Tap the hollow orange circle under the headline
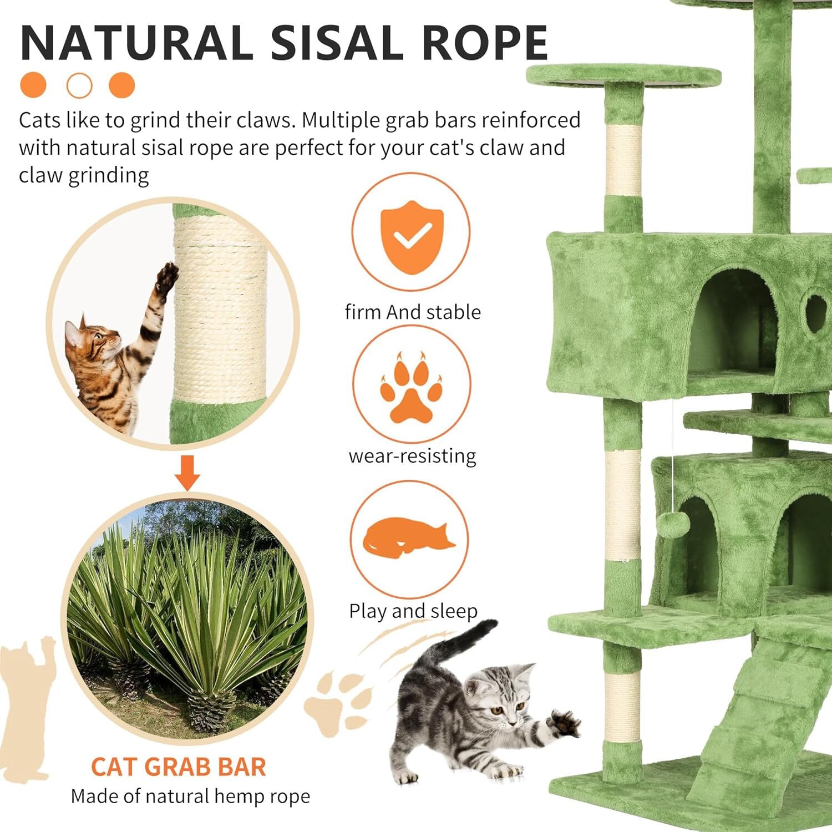[x=79, y=85]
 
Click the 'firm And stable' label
[x=412, y=312]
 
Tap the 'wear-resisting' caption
[x=412, y=456]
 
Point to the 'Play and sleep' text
[x=413, y=611]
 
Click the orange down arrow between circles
[x=187, y=473]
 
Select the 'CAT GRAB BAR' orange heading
[x=179, y=767]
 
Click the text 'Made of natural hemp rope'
[x=190, y=797]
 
